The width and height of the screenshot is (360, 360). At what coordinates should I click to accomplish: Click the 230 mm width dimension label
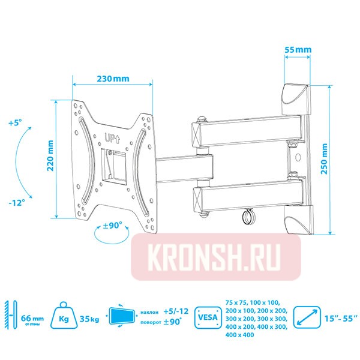(x=113, y=78)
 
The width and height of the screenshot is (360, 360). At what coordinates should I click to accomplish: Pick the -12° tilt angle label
(x=16, y=203)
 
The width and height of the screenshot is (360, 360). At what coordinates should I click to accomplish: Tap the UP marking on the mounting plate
(x=112, y=137)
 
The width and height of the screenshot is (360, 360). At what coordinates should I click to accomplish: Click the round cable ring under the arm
(x=247, y=216)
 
